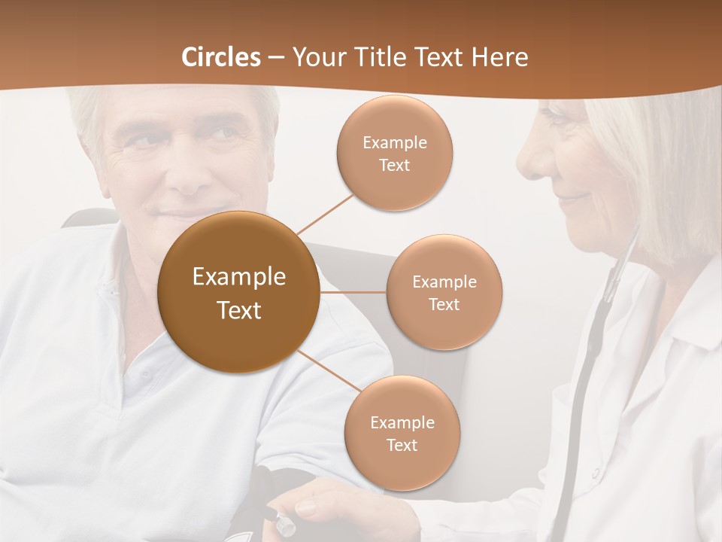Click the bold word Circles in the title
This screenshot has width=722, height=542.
pos(220,57)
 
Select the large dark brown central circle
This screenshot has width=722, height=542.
pos(239,292)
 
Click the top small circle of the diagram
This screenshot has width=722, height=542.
pos(394,154)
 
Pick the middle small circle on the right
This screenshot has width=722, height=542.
pos(444,292)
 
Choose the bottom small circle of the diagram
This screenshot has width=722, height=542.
pos(402,433)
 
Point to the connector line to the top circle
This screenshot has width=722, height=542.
pos(326,214)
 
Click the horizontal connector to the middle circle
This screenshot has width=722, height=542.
pos(353,292)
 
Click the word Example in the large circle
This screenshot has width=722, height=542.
pos(239,277)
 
